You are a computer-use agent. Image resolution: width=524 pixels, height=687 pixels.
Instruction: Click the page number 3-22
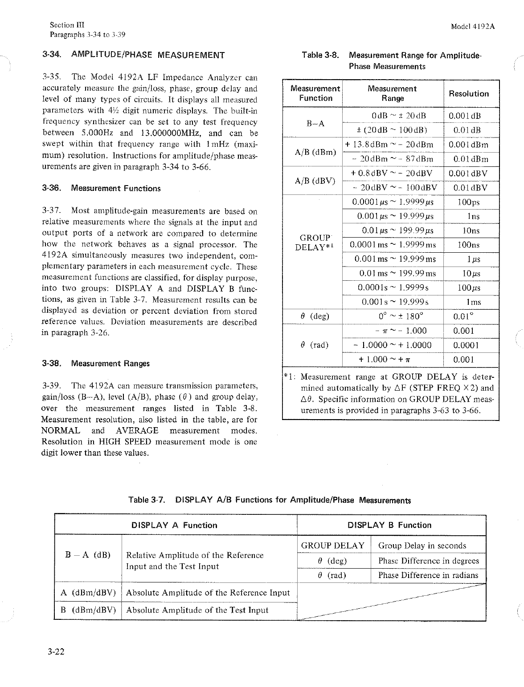coord(56,652)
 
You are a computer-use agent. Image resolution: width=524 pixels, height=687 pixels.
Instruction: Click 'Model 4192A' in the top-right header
coord(473,26)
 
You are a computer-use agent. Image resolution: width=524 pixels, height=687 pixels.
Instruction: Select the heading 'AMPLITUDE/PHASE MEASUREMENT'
coord(148,55)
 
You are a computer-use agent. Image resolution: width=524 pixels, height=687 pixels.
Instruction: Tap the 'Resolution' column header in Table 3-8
coord(469,94)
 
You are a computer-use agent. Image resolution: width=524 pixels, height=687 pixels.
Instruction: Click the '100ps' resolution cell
coord(469,202)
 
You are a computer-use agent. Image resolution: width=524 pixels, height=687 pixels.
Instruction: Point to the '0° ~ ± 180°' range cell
coord(393,316)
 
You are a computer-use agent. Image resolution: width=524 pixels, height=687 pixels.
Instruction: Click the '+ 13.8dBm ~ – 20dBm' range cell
coord(393,145)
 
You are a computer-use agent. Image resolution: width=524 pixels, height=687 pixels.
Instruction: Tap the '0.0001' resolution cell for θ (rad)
coord(466,345)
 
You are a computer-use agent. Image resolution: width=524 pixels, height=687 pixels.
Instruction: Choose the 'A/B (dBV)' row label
coord(315,181)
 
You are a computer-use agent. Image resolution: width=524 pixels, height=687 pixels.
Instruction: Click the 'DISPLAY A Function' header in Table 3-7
coord(174,525)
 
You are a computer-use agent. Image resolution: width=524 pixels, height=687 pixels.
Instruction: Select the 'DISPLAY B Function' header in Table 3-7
coord(389,525)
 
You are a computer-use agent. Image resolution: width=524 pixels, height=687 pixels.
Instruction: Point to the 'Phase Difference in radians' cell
coord(428,575)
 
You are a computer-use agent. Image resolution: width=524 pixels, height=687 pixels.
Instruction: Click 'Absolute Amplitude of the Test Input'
coord(197,610)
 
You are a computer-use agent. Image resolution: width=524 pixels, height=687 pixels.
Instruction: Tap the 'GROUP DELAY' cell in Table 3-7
coord(333,546)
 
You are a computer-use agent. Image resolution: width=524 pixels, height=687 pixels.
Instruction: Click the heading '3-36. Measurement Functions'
coord(101,188)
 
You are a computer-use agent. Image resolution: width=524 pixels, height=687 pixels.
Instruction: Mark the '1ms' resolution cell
coord(473,302)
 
